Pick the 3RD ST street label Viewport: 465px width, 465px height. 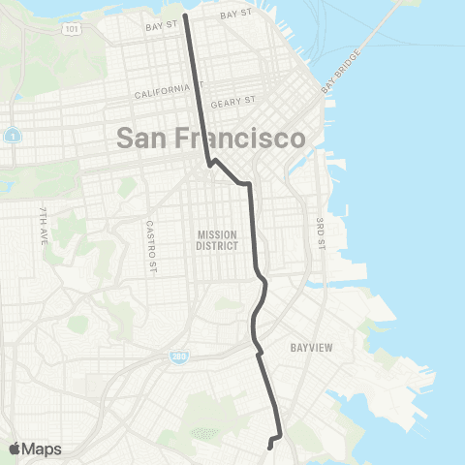tap(319, 232)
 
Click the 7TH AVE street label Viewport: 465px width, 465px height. tap(43, 230)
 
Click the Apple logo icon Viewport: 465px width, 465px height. tap(15, 449)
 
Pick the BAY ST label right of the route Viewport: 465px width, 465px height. tap(234, 15)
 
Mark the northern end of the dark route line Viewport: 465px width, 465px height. tap(185, 15)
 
